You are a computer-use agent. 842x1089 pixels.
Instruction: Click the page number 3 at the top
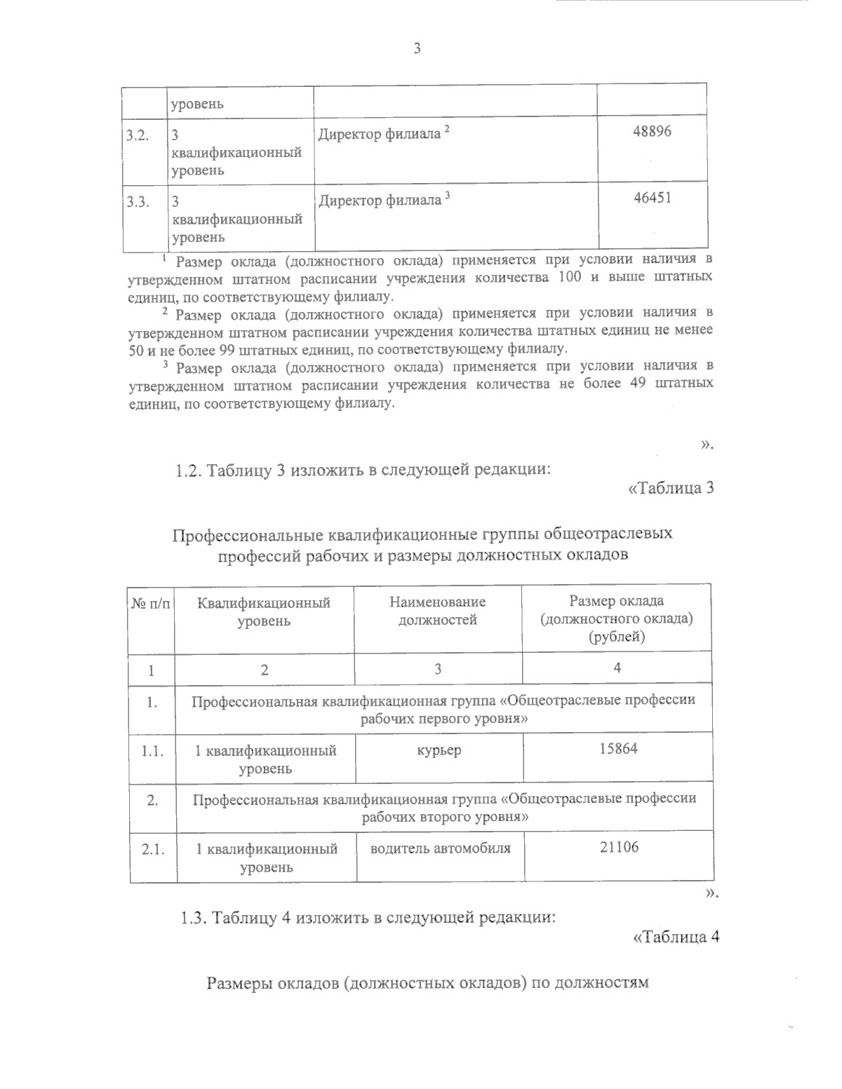[x=417, y=48]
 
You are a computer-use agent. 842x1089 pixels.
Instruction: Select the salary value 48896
[x=652, y=131]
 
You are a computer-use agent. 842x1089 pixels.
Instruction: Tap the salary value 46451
[x=652, y=198]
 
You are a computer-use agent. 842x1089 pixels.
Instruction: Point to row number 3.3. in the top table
[x=137, y=203]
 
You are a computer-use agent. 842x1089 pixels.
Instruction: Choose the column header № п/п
[x=151, y=604]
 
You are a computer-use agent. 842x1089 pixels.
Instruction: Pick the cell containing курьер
[x=439, y=750]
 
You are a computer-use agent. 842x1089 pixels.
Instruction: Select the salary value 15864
[x=618, y=748]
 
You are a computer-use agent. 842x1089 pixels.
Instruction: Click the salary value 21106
[x=619, y=847]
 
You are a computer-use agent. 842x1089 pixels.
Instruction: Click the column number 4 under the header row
[x=617, y=668]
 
